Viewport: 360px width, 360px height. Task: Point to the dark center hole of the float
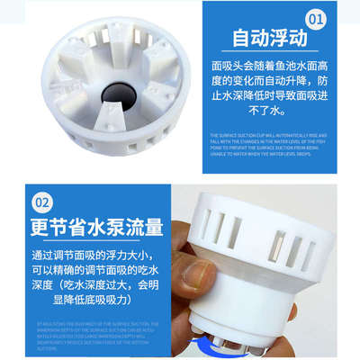pos(116,93)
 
